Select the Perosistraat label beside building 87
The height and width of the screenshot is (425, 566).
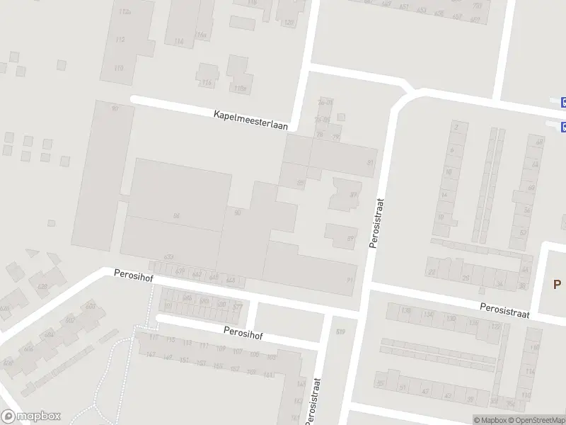[x=376, y=222]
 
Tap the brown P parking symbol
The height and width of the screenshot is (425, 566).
[x=557, y=284]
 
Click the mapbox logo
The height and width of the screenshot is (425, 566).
[x=31, y=416]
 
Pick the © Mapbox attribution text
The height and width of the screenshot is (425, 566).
[x=490, y=420]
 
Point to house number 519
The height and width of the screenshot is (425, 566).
[x=340, y=331]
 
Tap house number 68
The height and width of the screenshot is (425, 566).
[x=540, y=142]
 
